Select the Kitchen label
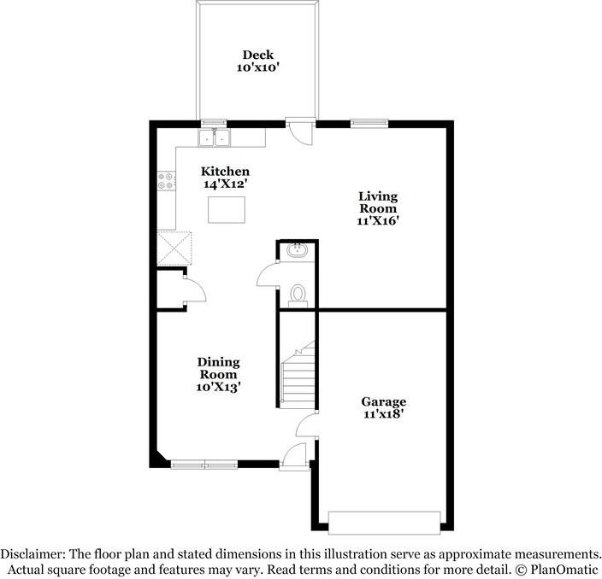point(225,171)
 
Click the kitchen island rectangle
point(226,208)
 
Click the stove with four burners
point(166,180)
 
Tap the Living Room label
point(377,202)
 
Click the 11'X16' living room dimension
point(377,220)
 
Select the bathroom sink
point(298,250)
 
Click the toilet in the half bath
point(298,293)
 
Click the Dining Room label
point(219,368)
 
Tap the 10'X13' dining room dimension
point(219,387)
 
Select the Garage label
point(382,401)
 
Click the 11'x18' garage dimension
point(382,414)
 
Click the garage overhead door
point(385,521)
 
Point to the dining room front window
point(204,465)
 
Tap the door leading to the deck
point(299,130)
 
